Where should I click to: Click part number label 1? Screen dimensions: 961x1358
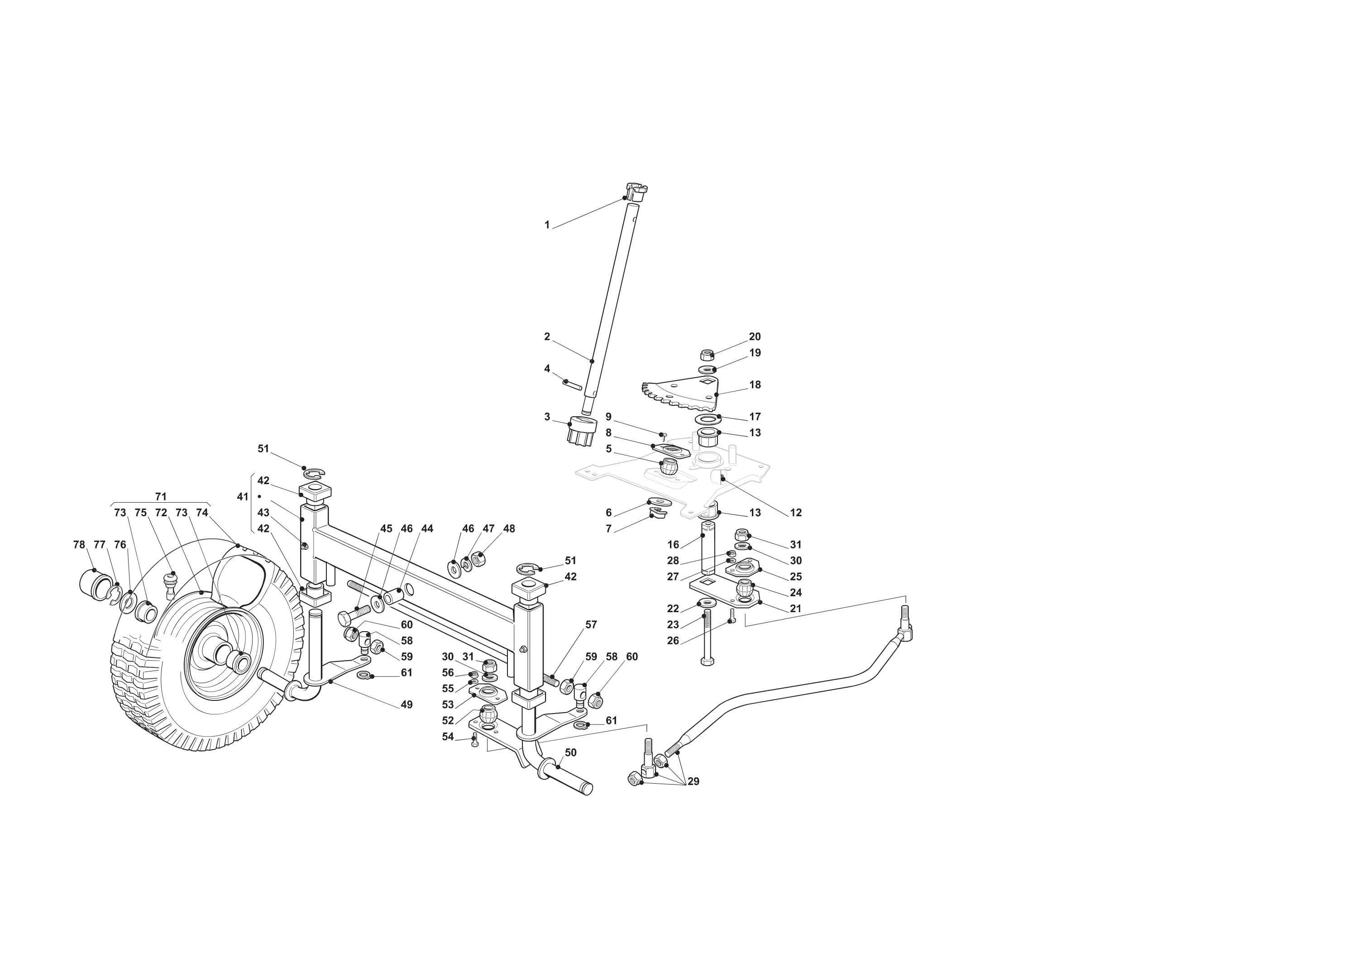(547, 225)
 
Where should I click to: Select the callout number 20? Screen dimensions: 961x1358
(755, 337)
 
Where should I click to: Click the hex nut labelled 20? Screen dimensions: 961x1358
(706, 355)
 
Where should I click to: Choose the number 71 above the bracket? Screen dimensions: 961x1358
(160, 496)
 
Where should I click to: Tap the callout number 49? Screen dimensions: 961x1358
(406, 705)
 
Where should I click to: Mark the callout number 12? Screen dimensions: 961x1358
(796, 513)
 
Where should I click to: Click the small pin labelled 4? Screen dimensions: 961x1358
(573, 385)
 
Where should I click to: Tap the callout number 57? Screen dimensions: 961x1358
(591, 625)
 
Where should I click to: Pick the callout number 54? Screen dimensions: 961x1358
(448, 737)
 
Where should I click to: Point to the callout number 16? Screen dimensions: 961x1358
(673, 544)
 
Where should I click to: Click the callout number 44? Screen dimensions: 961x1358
(427, 528)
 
